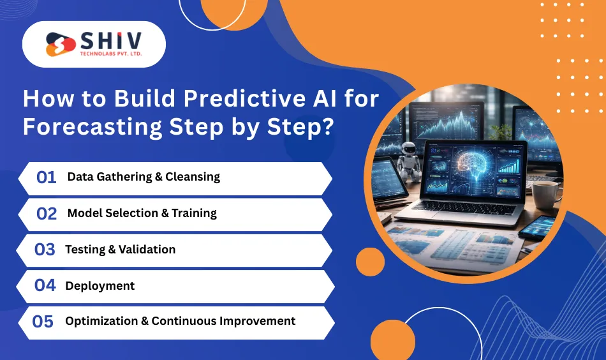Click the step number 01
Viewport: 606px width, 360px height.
[x=47, y=177]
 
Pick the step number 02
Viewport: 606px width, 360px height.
[x=47, y=213]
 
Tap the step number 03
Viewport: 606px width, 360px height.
[x=45, y=250]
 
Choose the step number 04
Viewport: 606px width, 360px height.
[x=45, y=285]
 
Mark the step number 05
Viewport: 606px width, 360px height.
[x=43, y=321]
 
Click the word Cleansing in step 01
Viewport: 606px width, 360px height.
[x=193, y=177]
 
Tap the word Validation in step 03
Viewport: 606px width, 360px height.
[x=147, y=250]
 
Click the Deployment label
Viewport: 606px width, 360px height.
[x=100, y=285]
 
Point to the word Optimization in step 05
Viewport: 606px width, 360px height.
[x=105, y=321]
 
